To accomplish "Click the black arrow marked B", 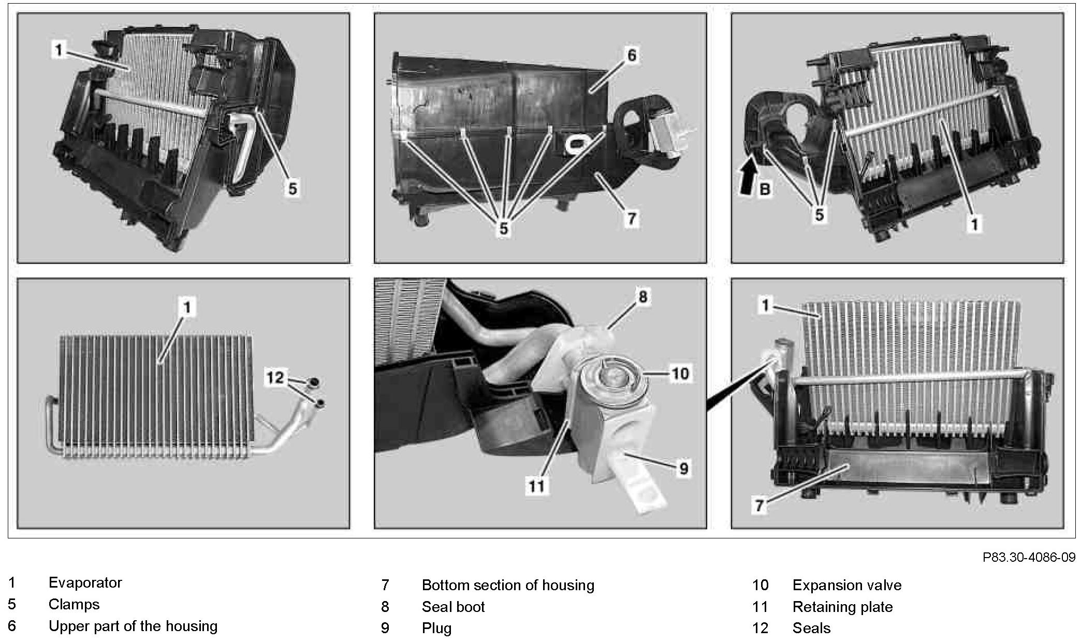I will [749, 177].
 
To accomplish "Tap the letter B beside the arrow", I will [765, 189].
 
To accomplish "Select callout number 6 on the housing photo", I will [632, 55].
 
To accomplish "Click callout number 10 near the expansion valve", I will [680, 373].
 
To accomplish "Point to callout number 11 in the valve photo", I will [536, 486].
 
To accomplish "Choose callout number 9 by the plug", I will [683, 469].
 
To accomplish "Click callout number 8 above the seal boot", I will [642, 297].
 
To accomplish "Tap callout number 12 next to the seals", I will [275, 377].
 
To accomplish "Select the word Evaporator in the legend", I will [85, 583].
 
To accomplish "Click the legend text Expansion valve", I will [846, 586].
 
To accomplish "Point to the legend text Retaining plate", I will [842, 607].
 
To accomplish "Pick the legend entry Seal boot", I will [453, 607].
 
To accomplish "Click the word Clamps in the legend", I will [74, 605].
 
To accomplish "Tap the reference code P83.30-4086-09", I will [1029, 558].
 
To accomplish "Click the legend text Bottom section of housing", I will [508, 586].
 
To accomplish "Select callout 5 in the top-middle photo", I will [503, 228].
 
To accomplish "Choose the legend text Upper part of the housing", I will [133, 626].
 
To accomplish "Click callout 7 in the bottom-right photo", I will [759, 505].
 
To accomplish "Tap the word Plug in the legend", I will [436, 629].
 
